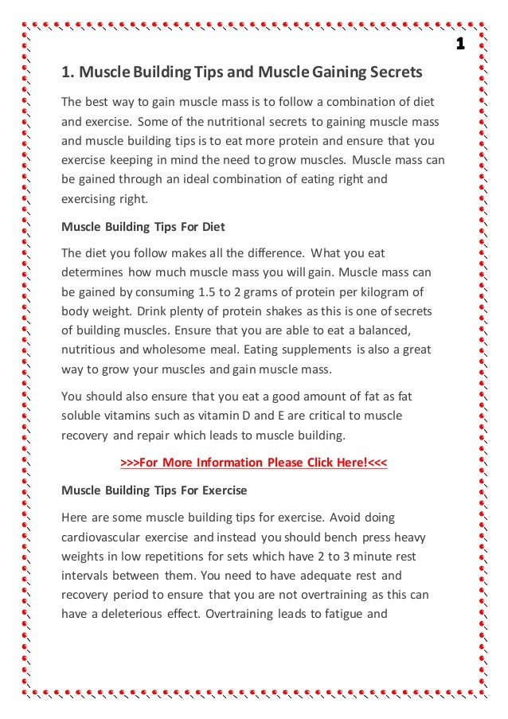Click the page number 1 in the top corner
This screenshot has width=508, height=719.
tap(460, 42)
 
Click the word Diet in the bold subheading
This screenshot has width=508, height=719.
tap(213, 227)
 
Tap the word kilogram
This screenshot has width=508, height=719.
tap(381, 291)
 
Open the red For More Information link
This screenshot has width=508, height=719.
tap(253, 463)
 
